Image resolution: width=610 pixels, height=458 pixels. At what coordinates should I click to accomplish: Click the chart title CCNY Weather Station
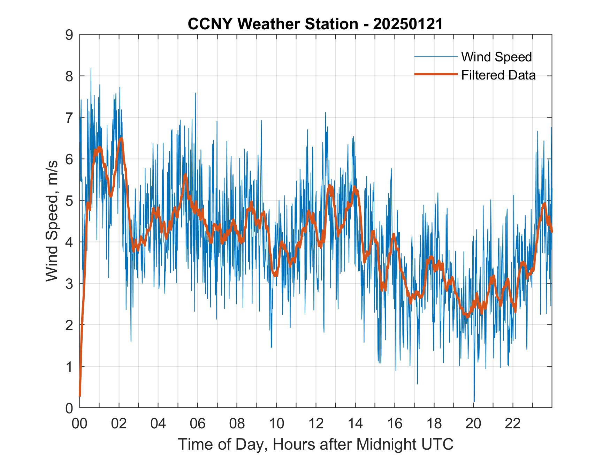tap(315, 24)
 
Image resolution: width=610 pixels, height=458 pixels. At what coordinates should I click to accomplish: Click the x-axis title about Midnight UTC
tap(316, 444)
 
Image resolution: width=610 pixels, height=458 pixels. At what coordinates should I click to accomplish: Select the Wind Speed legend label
tap(496, 57)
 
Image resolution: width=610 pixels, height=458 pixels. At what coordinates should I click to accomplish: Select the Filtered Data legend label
tap(498, 75)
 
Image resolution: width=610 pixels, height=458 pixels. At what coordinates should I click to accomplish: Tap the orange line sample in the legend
tap(436, 74)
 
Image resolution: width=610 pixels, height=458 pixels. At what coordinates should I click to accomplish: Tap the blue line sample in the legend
tap(436, 57)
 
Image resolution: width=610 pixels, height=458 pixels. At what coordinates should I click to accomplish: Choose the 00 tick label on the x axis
tap(79, 423)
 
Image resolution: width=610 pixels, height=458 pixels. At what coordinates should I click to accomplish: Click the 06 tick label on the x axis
tap(198, 423)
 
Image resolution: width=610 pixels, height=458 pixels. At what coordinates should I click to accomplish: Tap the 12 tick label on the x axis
tap(316, 423)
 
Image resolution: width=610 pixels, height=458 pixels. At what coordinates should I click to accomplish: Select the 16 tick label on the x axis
tap(395, 423)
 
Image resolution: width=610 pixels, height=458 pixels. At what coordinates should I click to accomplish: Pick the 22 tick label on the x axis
tap(513, 423)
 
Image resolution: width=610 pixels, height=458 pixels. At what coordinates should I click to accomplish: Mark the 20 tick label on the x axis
tap(473, 423)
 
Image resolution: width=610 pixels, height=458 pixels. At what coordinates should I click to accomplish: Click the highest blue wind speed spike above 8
tap(91, 69)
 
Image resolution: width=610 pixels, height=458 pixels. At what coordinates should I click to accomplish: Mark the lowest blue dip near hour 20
tap(474, 401)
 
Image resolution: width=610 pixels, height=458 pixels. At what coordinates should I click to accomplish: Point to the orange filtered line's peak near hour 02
tap(121, 139)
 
